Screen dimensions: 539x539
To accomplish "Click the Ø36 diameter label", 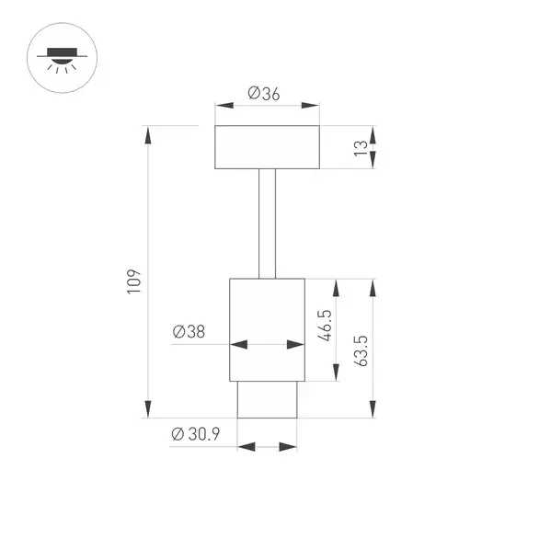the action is (264, 94).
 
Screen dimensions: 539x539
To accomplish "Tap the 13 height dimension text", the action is (361, 148).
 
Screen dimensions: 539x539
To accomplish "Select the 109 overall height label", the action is (134, 281).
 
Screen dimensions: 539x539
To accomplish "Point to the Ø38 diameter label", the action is (189, 331).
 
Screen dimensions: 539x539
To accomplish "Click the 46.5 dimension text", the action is (325, 326).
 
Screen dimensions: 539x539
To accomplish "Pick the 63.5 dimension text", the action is (361, 351).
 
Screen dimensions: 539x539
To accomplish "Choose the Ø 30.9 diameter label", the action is (196, 434).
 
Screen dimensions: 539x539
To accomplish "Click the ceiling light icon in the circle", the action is (62, 61).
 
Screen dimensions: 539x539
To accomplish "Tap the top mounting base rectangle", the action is (267, 147).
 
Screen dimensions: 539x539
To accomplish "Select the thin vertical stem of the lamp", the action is (267, 224).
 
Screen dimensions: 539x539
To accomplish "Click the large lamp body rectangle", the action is (267, 329).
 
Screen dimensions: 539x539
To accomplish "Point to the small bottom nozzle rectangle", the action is (267, 399).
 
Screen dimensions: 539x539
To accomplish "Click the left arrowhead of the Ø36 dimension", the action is (224, 105).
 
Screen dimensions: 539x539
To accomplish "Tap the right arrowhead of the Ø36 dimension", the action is (310, 105).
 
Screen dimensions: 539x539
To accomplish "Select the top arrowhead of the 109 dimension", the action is (148, 134).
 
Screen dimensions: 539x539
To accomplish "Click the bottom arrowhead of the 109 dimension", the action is (148, 409).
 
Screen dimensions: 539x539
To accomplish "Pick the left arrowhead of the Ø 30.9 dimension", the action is (247, 447).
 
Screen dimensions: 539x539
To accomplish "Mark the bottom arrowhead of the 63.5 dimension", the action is (373, 409).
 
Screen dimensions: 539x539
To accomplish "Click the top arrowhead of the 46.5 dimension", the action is (337, 288).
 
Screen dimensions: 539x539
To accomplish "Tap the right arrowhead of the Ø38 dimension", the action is (295, 344).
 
